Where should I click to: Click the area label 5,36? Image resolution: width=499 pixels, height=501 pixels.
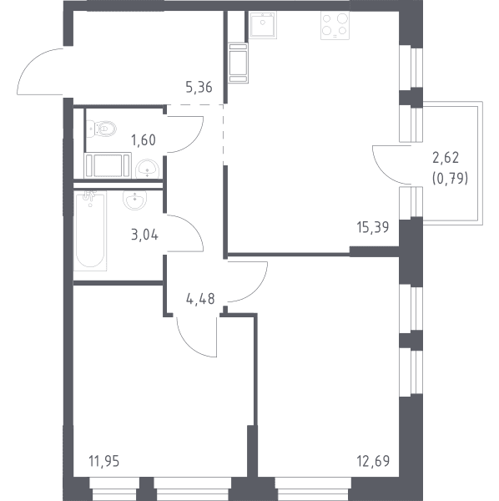[x=199, y=87]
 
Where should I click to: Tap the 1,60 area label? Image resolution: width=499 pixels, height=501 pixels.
[x=144, y=140]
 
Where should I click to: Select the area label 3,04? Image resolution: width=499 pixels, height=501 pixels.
[x=144, y=235]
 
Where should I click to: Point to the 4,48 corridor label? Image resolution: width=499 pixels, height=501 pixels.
[x=200, y=299]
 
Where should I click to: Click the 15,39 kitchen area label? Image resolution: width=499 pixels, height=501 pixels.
[x=372, y=227]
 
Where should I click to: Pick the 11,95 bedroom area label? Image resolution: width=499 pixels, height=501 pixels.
[x=104, y=461]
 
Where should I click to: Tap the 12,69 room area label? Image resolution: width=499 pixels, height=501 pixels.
[x=373, y=461]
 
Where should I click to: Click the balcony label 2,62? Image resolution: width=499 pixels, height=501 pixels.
[x=446, y=158]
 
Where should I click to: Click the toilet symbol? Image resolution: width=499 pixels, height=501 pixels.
[x=102, y=129]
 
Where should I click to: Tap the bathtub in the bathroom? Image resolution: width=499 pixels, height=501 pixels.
[x=90, y=230]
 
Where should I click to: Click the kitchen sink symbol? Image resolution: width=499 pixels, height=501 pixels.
[x=263, y=25]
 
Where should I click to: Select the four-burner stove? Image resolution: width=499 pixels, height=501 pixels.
[x=335, y=26]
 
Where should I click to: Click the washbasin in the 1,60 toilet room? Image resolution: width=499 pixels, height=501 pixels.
[x=147, y=169]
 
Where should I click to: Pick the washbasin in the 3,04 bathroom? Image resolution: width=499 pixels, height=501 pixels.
[x=134, y=200]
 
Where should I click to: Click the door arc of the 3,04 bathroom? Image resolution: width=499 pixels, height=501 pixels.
[x=193, y=225]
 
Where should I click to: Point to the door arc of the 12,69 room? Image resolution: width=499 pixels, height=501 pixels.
[x=255, y=290]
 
